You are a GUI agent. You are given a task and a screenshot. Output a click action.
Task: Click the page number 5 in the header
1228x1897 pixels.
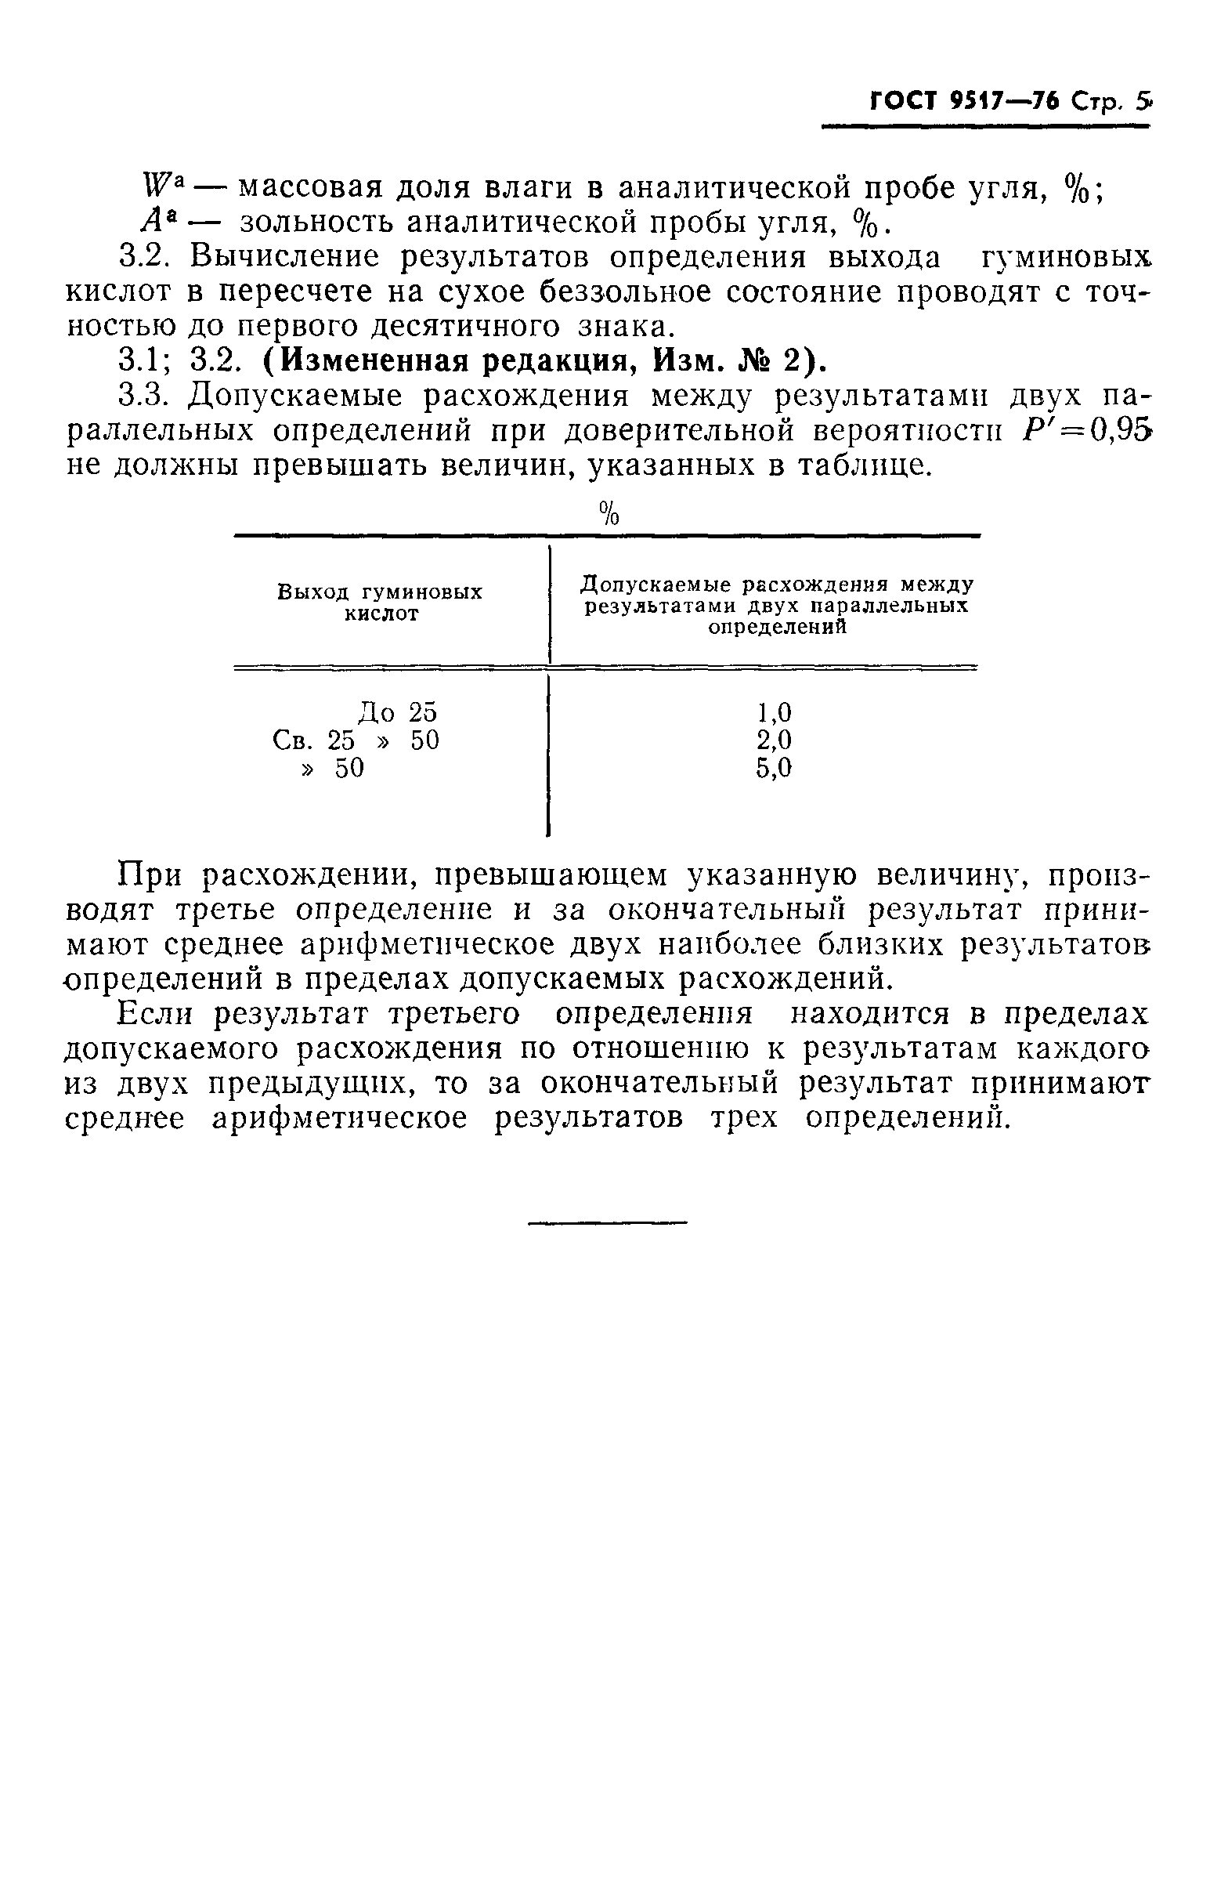point(1143,102)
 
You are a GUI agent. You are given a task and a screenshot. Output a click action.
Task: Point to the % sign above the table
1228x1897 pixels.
point(609,513)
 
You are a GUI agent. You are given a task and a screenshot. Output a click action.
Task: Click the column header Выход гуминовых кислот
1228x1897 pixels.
point(380,603)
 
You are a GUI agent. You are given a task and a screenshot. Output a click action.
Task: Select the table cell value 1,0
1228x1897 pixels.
point(774,711)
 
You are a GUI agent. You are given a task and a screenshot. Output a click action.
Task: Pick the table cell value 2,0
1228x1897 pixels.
point(774,740)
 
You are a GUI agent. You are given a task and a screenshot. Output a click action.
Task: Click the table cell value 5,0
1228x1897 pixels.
point(774,768)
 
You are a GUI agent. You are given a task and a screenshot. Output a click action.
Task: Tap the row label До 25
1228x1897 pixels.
point(397,711)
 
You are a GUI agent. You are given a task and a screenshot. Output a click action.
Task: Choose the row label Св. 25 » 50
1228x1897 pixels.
point(356,740)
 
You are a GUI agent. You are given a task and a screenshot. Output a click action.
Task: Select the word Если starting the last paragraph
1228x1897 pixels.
point(155,1014)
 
